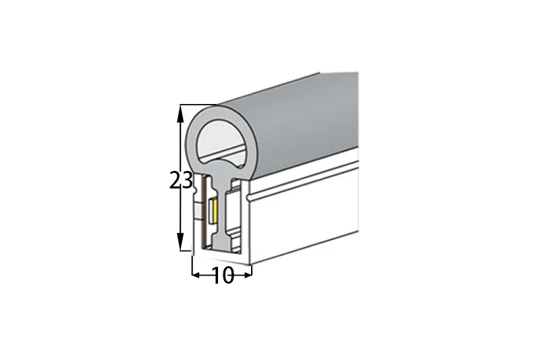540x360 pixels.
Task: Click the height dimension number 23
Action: (181, 180)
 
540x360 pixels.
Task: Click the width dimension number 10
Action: (223, 276)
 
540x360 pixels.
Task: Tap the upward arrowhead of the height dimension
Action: (180, 113)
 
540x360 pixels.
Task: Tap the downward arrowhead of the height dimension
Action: (180, 241)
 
